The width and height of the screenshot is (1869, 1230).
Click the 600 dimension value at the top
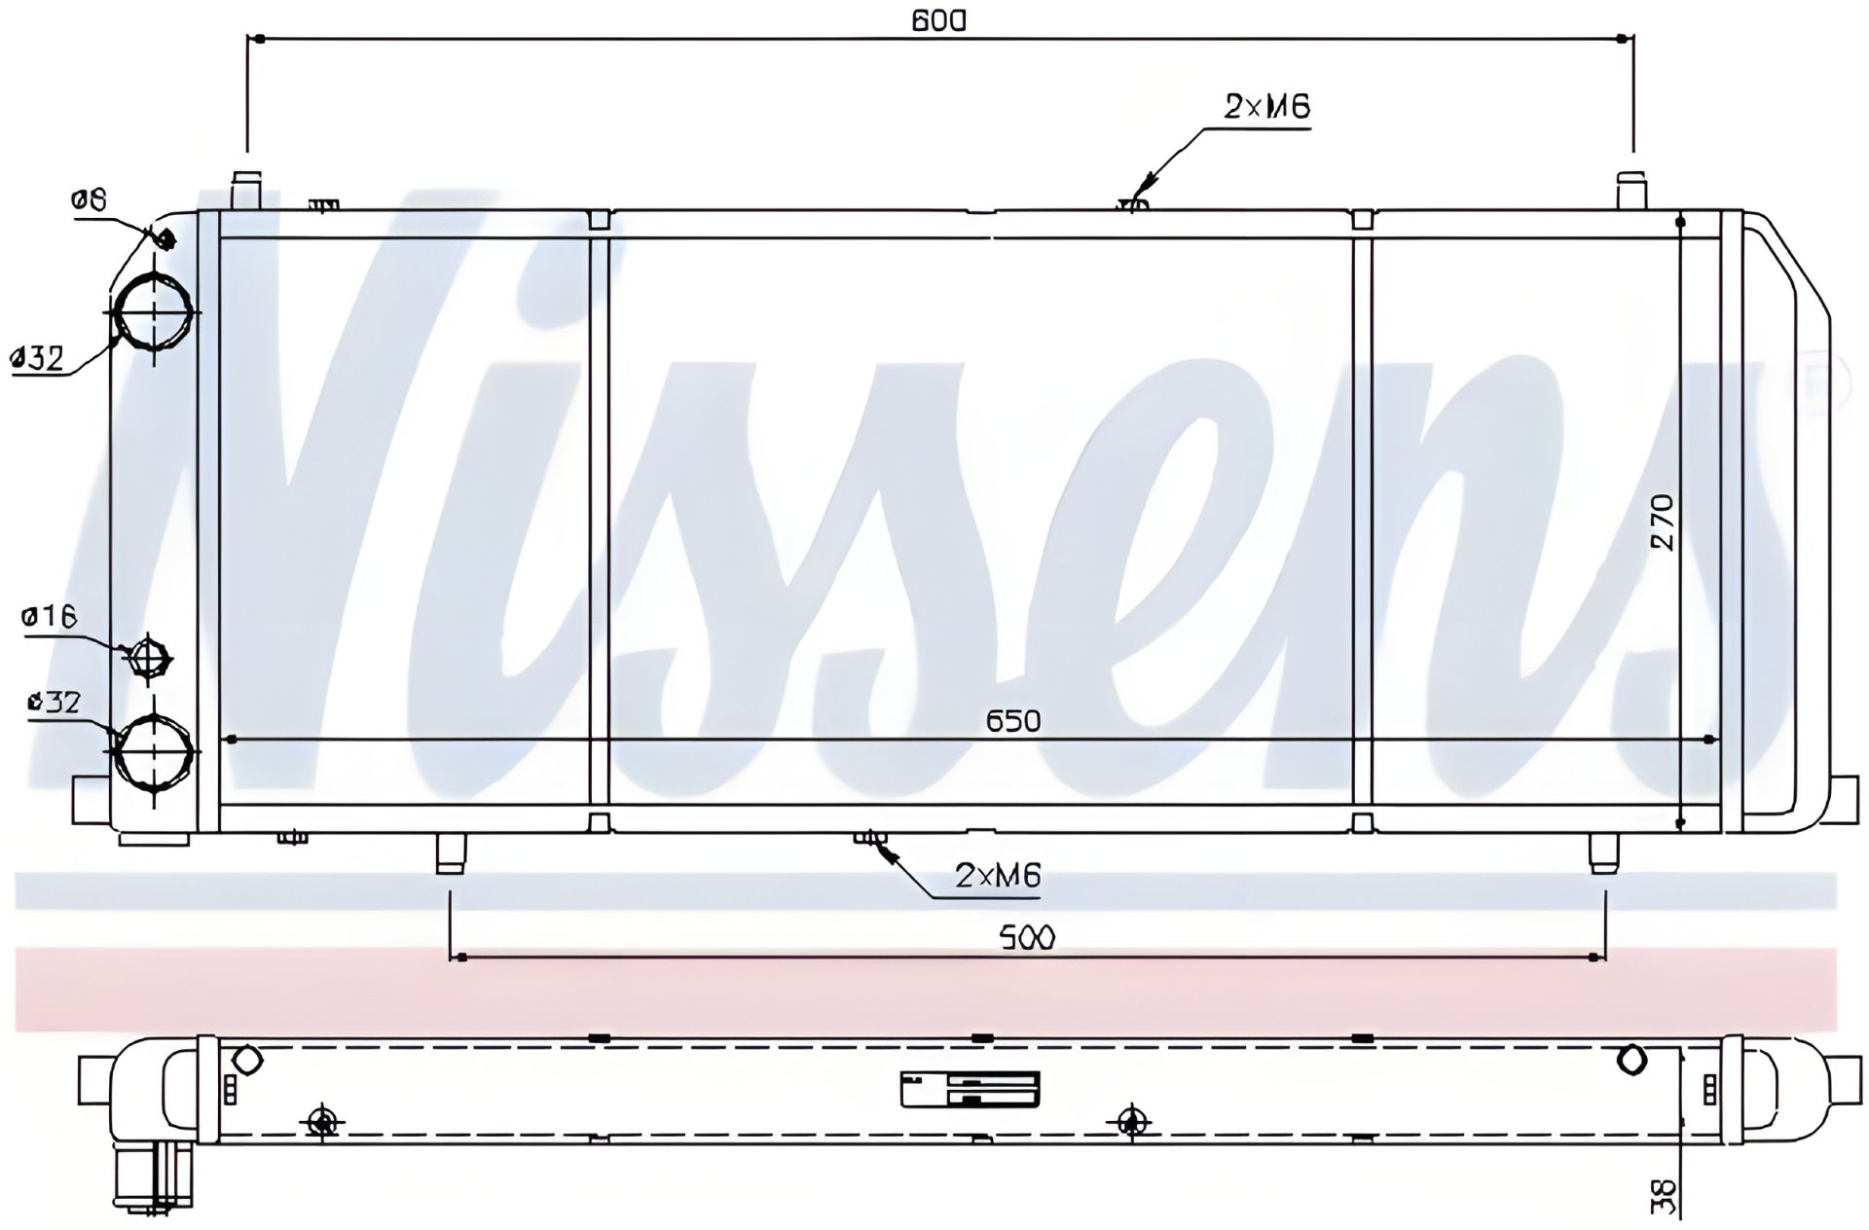pos(939,18)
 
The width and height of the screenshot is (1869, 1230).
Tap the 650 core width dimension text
pos(1013,721)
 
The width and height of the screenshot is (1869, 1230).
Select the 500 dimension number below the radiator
pos(1027,937)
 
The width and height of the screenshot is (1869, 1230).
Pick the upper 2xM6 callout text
pos(1267,106)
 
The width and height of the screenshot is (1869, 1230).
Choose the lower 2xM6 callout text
pos(998,876)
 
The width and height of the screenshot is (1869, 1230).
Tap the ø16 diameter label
pos(49,616)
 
